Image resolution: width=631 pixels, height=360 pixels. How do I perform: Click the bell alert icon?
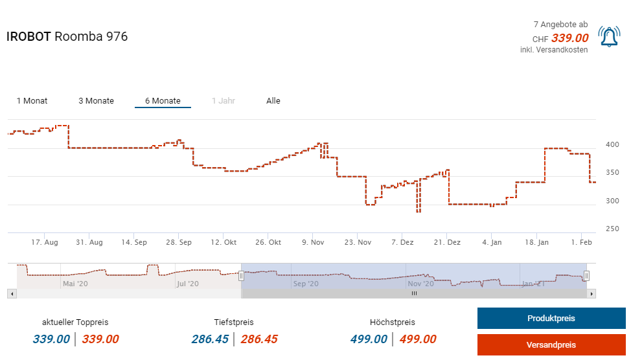coord(609,36)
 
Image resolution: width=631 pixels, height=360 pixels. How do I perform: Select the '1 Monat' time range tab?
coord(32,101)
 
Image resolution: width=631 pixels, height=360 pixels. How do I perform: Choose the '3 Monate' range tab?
coord(96,101)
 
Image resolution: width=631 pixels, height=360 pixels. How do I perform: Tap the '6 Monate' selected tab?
coord(163,101)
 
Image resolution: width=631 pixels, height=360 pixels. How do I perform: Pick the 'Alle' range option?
coord(273,101)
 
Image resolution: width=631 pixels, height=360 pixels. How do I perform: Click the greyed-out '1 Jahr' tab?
coord(223,101)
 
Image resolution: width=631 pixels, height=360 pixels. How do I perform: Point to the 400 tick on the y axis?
coord(612,144)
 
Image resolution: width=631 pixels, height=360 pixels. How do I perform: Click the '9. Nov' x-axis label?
coord(313,242)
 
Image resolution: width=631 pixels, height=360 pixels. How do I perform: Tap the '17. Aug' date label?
coord(45,242)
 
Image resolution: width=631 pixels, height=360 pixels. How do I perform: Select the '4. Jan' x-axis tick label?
coord(492,242)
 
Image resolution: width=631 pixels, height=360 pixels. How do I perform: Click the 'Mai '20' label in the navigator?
coord(75,284)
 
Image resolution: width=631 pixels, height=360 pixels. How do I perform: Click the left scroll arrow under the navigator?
coord(12,293)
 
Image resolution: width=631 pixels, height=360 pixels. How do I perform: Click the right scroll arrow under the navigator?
coord(591,293)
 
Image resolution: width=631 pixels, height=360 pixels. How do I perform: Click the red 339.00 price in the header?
coord(569,38)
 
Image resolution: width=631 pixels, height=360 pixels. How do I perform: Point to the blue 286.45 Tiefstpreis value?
coord(210,339)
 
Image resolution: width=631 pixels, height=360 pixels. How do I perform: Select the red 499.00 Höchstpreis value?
coord(417,339)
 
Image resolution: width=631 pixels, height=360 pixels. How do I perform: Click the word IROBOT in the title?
coord(29,37)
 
